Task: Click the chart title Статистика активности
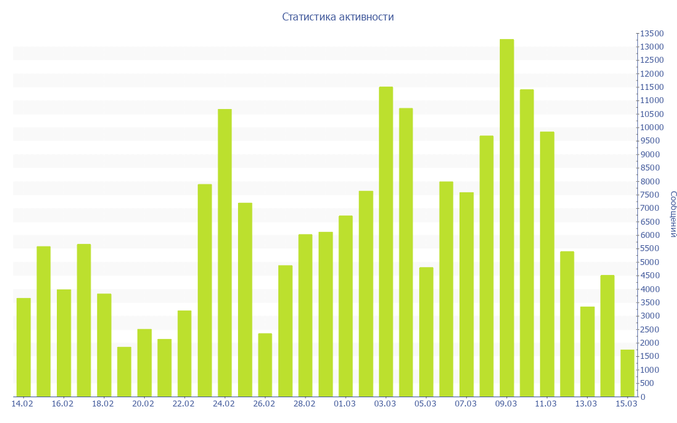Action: tap(338, 17)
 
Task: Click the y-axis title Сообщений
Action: tap(672, 214)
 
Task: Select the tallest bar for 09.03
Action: tap(506, 218)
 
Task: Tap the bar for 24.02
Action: tap(225, 252)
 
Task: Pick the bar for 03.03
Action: tap(386, 242)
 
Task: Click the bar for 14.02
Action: tap(24, 347)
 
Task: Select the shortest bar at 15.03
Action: tap(627, 373)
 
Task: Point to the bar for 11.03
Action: tap(547, 264)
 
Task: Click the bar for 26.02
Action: tap(265, 365)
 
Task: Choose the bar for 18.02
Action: tap(104, 345)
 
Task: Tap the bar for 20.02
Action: tap(144, 363)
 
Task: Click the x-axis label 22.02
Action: tap(183, 404)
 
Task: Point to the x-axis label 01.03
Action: tap(344, 404)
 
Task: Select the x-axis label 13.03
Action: tap(586, 404)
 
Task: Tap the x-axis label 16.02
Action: tap(62, 404)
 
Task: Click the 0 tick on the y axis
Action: tap(642, 397)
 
